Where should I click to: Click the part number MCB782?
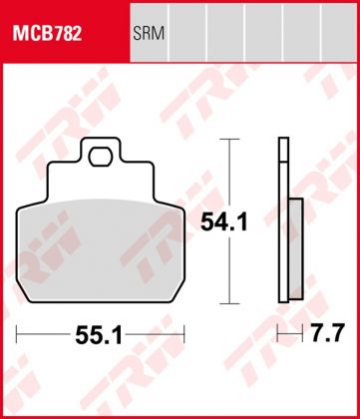pyautogui.click(x=47, y=34)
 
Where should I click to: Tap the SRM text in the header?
pyautogui.click(x=149, y=34)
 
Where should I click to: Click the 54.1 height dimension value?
pyautogui.click(x=224, y=222)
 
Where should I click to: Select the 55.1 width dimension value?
pyautogui.click(x=99, y=335)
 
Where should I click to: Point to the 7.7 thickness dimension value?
pyautogui.click(x=327, y=332)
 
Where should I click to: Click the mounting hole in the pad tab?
pyautogui.click(x=101, y=157)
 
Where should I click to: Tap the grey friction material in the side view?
pyautogui.click(x=296, y=248)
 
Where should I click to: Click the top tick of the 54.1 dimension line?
pyautogui.click(x=229, y=139)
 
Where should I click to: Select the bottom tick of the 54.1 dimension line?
pyautogui.click(x=229, y=303)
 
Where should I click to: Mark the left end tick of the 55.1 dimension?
pyautogui.click(x=16, y=334)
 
